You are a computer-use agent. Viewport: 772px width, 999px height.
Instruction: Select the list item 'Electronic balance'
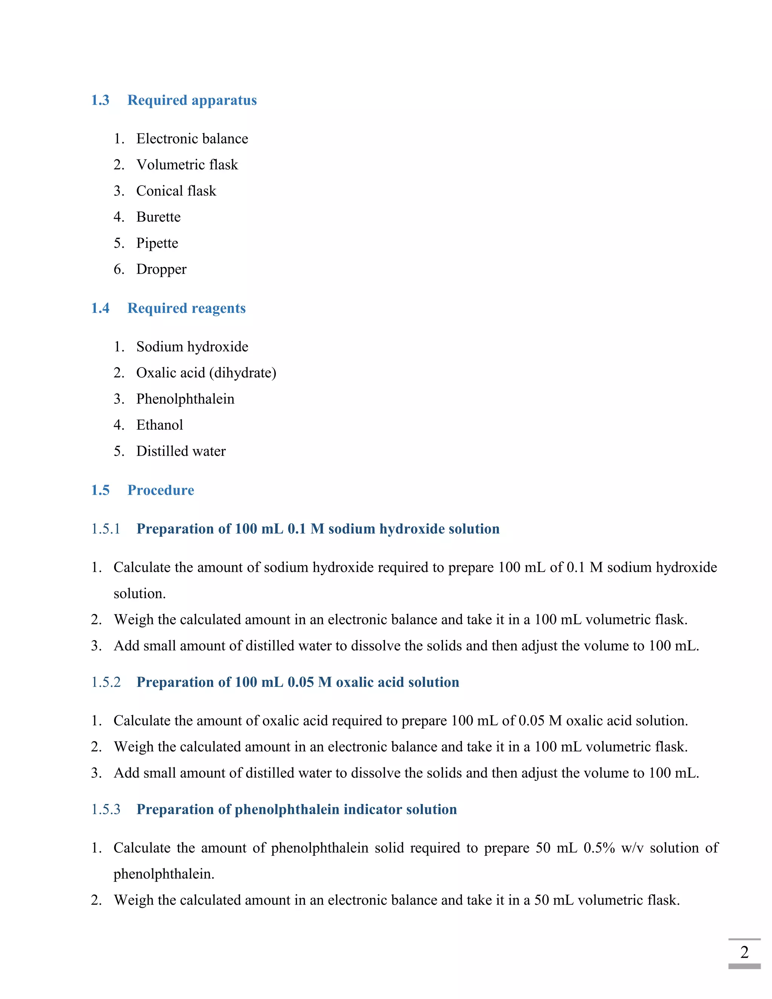192,139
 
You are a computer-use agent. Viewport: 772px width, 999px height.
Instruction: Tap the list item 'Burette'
158,217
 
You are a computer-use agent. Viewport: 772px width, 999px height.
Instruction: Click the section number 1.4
100,308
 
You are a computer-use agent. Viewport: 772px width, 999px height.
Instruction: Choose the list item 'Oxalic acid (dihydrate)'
206,373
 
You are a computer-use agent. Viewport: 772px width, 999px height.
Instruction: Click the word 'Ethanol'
159,425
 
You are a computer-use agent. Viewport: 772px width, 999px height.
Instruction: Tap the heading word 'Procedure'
161,490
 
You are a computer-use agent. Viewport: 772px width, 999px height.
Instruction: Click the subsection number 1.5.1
106,529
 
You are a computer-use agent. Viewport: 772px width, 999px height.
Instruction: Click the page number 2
744,952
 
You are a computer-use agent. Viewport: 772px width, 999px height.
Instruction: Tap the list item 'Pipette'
157,243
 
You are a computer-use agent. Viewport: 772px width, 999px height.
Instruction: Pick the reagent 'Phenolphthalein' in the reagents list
185,399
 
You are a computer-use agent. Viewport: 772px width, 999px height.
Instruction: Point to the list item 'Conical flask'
176,191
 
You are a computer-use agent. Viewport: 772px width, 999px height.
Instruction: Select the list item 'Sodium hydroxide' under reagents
192,347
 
